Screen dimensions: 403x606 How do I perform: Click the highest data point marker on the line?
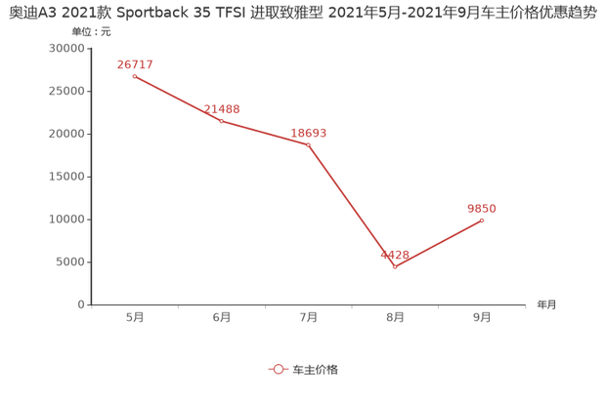tap(133, 75)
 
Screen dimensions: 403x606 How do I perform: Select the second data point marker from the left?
tap(221, 120)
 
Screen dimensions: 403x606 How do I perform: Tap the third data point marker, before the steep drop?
tap(308, 144)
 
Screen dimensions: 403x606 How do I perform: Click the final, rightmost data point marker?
tap(482, 220)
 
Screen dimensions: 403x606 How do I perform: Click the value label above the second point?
tap(224, 108)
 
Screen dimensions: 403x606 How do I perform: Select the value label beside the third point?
tap(308, 133)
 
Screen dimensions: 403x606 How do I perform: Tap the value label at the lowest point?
tap(395, 254)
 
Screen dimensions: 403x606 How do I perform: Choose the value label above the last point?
tap(482, 207)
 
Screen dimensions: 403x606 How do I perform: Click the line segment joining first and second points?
tap(177, 98)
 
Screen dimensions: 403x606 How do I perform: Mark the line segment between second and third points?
tap(264, 133)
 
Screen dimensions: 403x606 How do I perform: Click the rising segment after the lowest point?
tap(438, 243)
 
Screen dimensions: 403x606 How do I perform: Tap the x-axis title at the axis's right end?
tap(545, 304)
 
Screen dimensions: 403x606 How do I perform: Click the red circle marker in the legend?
tap(278, 370)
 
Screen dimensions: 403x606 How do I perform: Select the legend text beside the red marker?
tap(316, 370)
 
